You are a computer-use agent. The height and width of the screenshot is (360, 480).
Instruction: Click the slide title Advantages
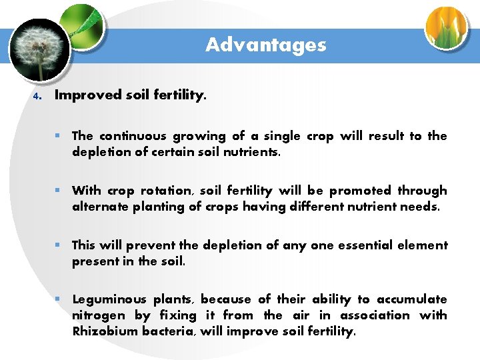click(x=265, y=45)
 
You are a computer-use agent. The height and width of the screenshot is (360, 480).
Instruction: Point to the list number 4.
click(x=37, y=96)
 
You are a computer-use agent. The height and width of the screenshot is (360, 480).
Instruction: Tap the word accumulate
click(x=411, y=299)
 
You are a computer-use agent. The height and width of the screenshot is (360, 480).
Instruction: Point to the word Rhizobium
click(x=105, y=331)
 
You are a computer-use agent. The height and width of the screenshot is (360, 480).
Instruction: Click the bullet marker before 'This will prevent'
click(x=59, y=245)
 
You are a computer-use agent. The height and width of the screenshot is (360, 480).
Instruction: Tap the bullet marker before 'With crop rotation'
click(x=59, y=191)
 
